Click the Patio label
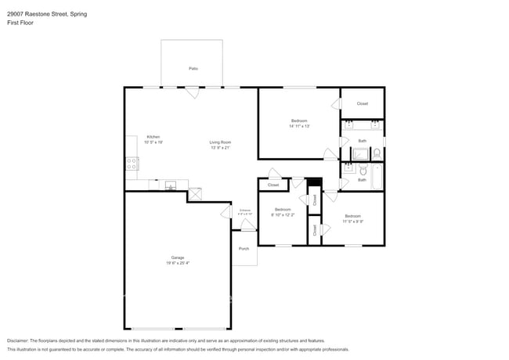pyautogui.click(x=193, y=69)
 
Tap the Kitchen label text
pyautogui.click(x=153, y=137)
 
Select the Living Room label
pyautogui.click(x=220, y=142)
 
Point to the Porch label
pyautogui.click(x=244, y=249)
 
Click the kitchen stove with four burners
pyautogui.click(x=132, y=164)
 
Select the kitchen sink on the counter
pyautogui.click(x=170, y=185)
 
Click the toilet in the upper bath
pyautogui.click(x=377, y=152)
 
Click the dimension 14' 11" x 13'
pyautogui.click(x=299, y=126)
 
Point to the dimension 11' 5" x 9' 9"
pyautogui.click(x=352, y=221)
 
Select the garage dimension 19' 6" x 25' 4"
pyautogui.click(x=178, y=263)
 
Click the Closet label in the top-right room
pyautogui.click(x=362, y=103)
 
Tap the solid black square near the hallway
pyautogui.click(x=315, y=183)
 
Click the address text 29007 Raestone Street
pyautogui.click(x=38, y=13)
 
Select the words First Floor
pyautogui.click(x=20, y=23)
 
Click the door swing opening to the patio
pyautogui.click(x=192, y=92)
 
